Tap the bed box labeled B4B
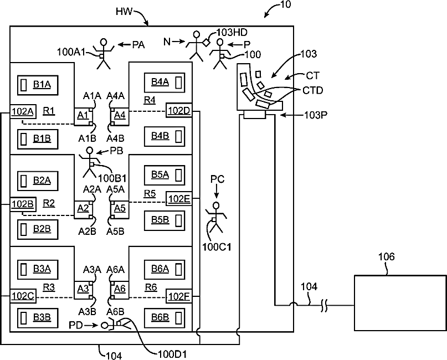[163, 135]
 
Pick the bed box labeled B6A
[163, 269]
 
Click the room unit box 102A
[22, 111]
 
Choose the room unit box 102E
[179, 199]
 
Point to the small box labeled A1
[83, 115]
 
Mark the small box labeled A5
[119, 208]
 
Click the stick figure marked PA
[104, 53]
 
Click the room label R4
[150, 100]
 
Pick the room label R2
[48, 202]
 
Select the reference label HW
[124, 11]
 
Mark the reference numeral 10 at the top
[286, 5]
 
